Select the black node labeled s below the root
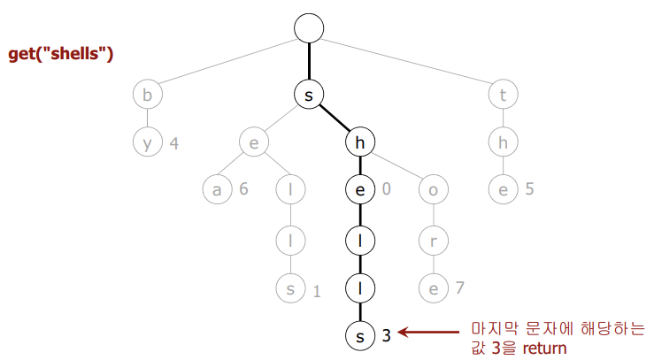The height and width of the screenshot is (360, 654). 309,95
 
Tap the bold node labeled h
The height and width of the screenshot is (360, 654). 360,142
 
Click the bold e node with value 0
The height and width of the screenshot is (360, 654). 360,189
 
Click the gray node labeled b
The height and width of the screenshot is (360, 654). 148,95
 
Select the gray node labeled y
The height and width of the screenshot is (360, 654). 148,142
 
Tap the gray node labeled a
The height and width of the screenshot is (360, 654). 215,189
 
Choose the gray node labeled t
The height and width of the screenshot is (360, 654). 504,95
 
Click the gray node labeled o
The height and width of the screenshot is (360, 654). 433,189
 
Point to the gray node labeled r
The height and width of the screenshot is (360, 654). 433,239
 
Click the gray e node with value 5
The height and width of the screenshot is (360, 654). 504,189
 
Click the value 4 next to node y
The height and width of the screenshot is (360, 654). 174,142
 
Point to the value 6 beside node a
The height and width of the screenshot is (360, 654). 242,189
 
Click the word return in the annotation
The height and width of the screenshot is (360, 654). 542,348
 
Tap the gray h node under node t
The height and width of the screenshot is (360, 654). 504,142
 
